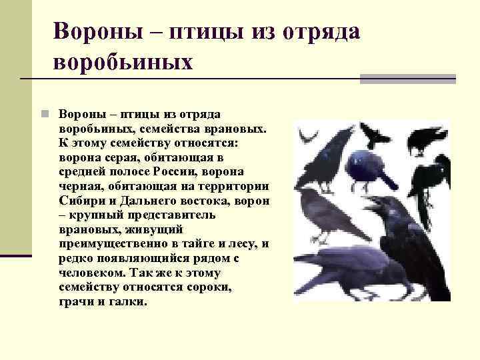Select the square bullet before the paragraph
pos(43,113)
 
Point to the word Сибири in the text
pos(81,200)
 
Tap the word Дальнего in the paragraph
pos(143,200)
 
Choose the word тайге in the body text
pos(189,244)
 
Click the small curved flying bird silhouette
pos(307,136)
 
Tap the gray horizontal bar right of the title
pos(407,79)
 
